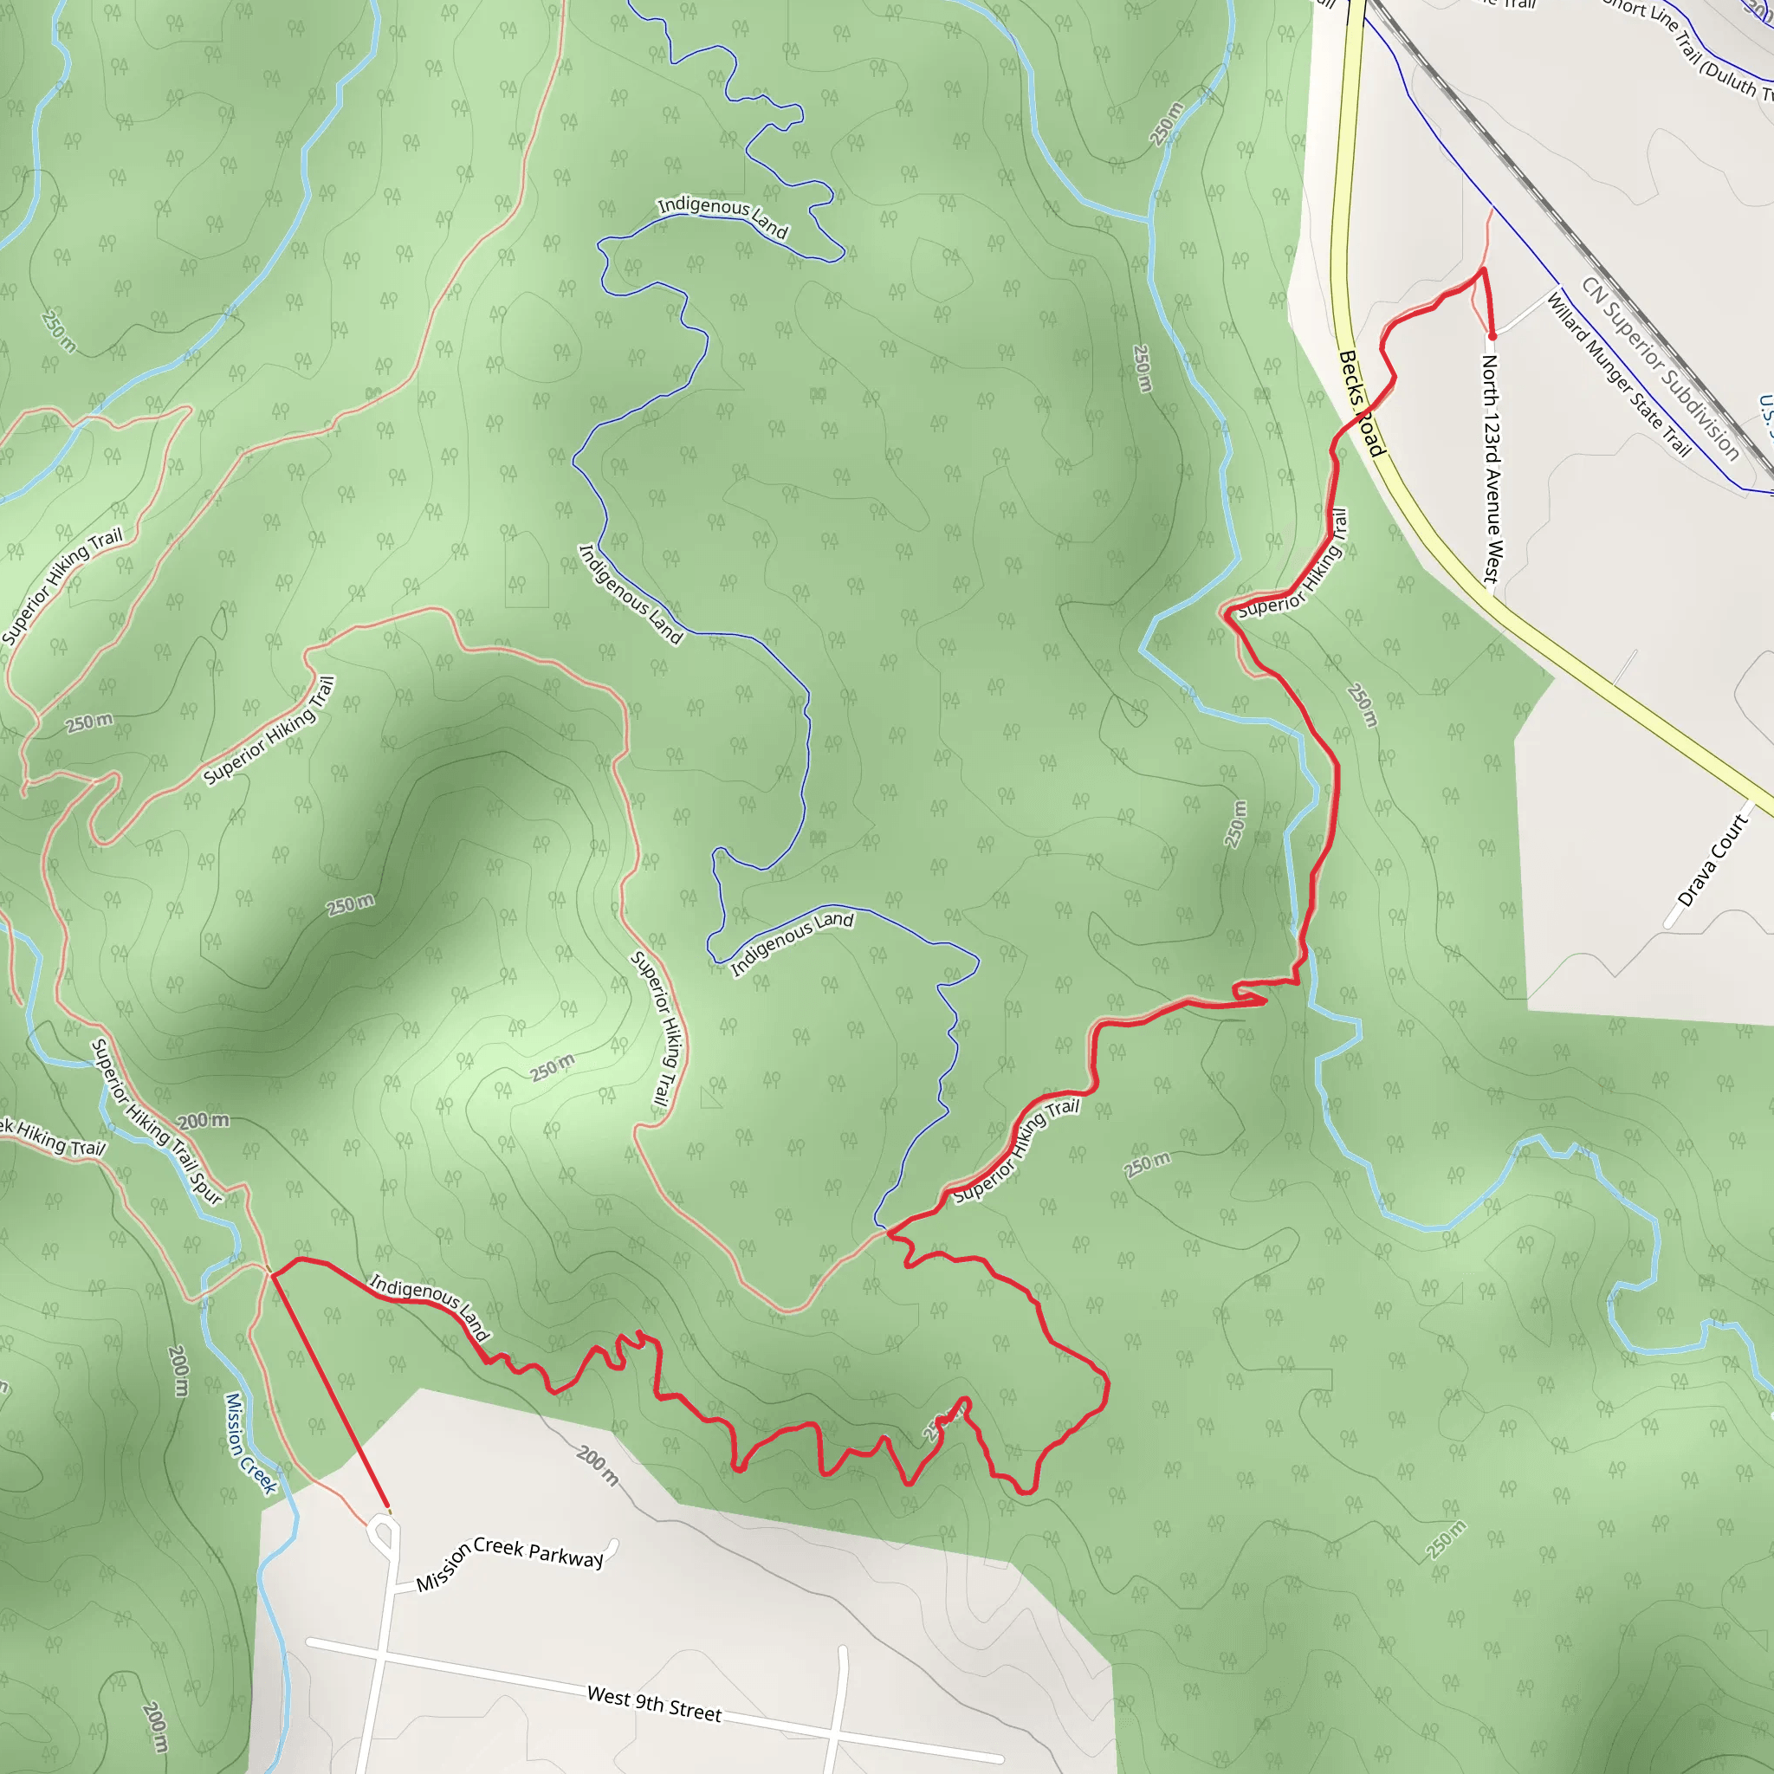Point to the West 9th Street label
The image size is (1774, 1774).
[x=654, y=1703]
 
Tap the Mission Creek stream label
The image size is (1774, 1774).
[x=249, y=1442]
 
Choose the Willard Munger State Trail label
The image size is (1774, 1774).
[x=1618, y=372]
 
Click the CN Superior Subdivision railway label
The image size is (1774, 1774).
[x=1661, y=367]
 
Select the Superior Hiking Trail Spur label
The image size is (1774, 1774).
[x=157, y=1121]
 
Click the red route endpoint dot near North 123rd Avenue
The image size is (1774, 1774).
[x=1492, y=337]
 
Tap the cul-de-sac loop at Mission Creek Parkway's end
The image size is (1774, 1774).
[x=384, y=1532]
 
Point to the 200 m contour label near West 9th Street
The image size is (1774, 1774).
[x=598, y=1466]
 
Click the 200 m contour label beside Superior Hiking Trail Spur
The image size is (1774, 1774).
[x=203, y=1121]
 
